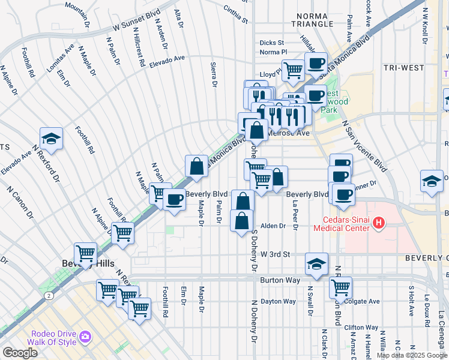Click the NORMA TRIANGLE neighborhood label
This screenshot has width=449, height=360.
[x=310, y=19]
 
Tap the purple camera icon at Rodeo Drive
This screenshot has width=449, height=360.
[x=85, y=337]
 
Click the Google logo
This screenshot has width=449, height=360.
[x=20, y=353]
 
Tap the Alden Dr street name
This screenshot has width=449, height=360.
[x=272, y=226]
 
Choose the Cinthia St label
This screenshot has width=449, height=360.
[x=235, y=15]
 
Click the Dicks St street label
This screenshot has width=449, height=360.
[x=271, y=43]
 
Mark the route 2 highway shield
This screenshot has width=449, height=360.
[x=47, y=295]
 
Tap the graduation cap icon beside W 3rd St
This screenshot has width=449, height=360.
[x=316, y=263]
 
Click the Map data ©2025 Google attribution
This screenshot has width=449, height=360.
[x=411, y=355]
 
